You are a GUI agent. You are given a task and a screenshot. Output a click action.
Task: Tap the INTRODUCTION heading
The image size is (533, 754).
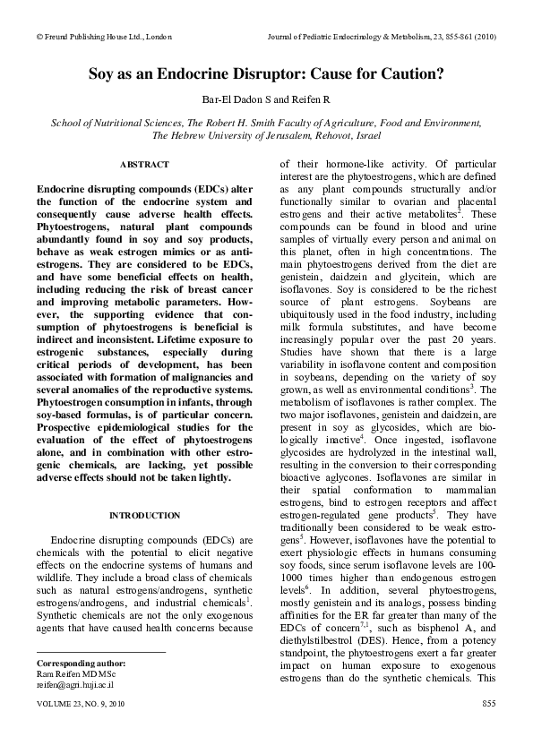pos(144,516)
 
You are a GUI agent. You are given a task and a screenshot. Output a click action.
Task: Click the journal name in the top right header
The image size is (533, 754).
pos(383,37)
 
